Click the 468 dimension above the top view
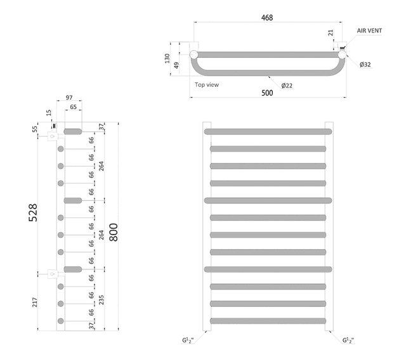[267, 18]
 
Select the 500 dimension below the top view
[267, 93]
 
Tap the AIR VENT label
[369, 30]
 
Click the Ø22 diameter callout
[287, 85]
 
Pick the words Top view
[207, 84]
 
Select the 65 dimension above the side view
[74, 108]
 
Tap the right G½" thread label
[348, 341]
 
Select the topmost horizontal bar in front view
[268, 131]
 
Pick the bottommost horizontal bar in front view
[268, 321]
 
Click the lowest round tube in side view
[61, 321]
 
